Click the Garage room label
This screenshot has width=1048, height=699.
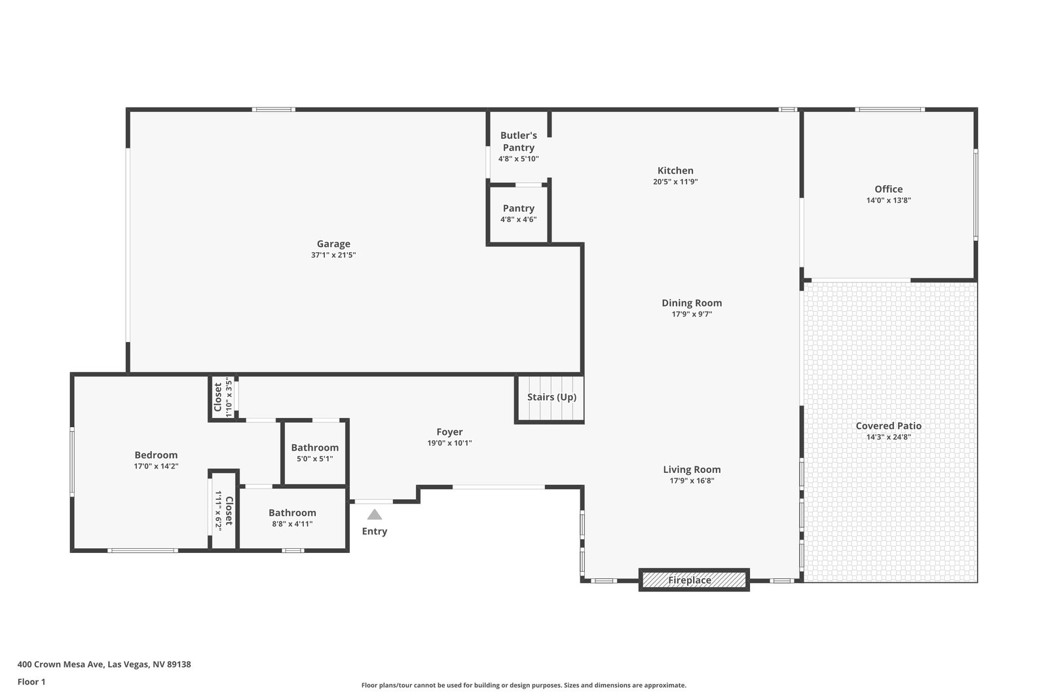pyautogui.click(x=333, y=244)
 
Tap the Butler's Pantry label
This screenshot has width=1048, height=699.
pyautogui.click(x=518, y=142)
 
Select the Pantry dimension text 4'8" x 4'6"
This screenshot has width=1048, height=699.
pyautogui.click(x=518, y=219)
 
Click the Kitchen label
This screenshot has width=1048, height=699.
pyautogui.click(x=675, y=171)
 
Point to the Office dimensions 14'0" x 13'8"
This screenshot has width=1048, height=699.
pyautogui.click(x=888, y=200)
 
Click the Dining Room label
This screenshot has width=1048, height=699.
pyautogui.click(x=692, y=303)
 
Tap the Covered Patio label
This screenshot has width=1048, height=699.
pyautogui.click(x=888, y=426)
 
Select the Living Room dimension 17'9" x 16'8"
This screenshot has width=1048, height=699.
pyautogui.click(x=692, y=480)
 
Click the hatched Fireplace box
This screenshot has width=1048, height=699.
pyautogui.click(x=694, y=580)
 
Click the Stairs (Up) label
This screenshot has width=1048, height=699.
pyautogui.click(x=552, y=397)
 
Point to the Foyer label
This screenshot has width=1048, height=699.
pyautogui.click(x=449, y=432)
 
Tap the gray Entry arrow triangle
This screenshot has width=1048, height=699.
pyautogui.click(x=374, y=515)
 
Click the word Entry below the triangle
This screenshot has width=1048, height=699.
pyautogui.click(x=374, y=531)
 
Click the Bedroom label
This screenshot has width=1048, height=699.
pyautogui.click(x=156, y=455)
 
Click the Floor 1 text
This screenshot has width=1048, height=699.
pyautogui.click(x=31, y=682)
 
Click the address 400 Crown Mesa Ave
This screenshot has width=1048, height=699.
pyautogui.click(x=60, y=664)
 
